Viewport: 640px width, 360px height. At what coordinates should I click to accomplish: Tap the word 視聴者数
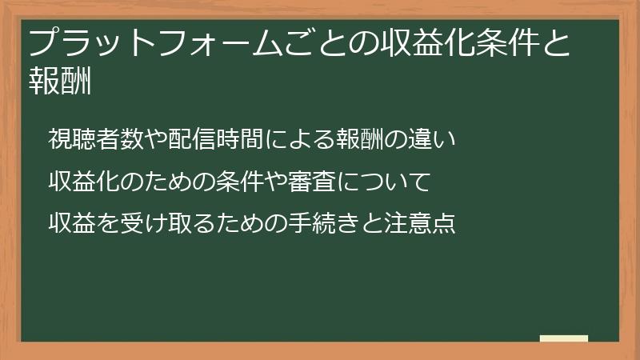95,139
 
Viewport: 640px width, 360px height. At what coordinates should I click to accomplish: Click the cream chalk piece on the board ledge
564,338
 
